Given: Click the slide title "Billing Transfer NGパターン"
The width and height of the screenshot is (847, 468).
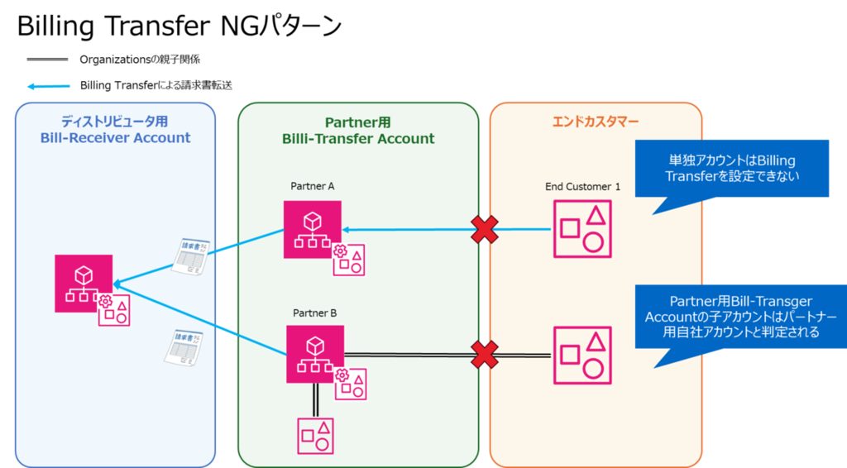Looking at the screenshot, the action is click(x=179, y=26).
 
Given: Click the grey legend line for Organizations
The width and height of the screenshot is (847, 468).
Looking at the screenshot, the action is click(x=47, y=60).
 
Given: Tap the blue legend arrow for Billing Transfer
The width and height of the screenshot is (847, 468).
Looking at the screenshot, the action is click(x=49, y=86).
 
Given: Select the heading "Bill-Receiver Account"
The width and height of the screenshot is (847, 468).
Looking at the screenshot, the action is click(x=115, y=137).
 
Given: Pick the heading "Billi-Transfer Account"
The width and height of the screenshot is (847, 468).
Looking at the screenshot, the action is click(x=358, y=139).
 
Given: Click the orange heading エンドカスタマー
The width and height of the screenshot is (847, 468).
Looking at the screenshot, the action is click(x=596, y=122).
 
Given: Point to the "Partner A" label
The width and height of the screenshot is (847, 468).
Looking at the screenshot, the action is click(x=312, y=186).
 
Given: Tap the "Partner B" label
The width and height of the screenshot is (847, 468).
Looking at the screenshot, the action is click(x=314, y=313).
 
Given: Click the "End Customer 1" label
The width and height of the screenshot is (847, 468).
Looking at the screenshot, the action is click(x=582, y=187).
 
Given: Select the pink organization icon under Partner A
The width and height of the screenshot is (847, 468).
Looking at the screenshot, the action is click(x=312, y=229).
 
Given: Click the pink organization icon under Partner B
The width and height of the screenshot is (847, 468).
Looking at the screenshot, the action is click(x=315, y=354).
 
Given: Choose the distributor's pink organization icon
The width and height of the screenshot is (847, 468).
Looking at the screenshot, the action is click(x=84, y=284).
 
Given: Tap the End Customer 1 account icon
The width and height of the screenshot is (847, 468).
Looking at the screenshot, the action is click(x=582, y=229).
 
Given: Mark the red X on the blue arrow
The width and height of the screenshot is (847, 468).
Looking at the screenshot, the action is click(x=485, y=229).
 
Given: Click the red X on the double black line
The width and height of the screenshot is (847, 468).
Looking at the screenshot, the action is click(x=485, y=355).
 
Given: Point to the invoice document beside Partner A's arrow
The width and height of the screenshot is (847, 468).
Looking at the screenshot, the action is click(x=191, y=256).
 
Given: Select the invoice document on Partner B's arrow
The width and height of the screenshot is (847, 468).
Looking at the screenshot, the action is click(x=184, y=347).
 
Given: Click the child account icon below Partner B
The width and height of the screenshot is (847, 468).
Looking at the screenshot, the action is click(x=315, y=436).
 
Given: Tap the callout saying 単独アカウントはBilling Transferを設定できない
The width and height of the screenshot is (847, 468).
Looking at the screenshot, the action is click(x=731, y=169).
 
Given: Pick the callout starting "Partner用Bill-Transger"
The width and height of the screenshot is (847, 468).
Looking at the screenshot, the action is click(x=740, y=317).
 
